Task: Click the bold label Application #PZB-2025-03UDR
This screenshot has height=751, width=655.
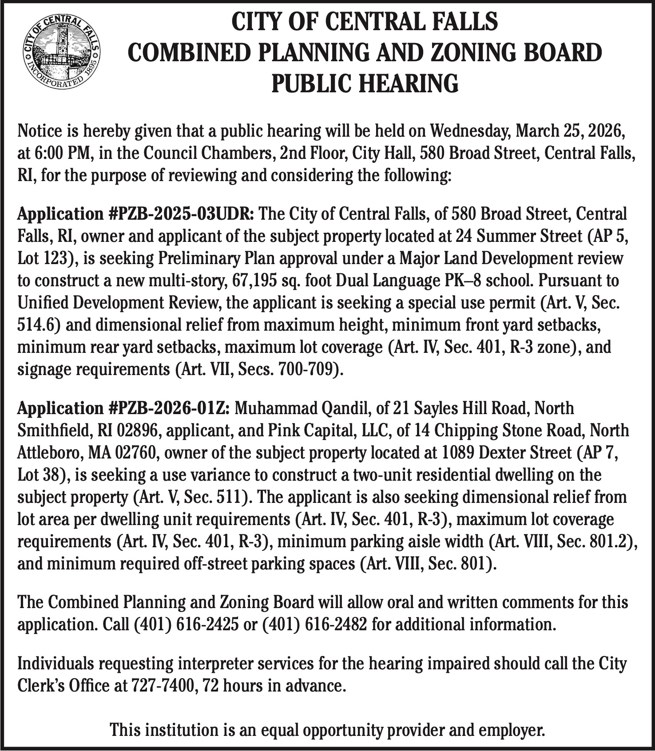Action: coord(135,214)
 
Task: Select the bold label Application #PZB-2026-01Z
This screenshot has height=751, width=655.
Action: coord(123,408)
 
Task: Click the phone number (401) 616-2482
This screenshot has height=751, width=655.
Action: coord(315,625)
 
